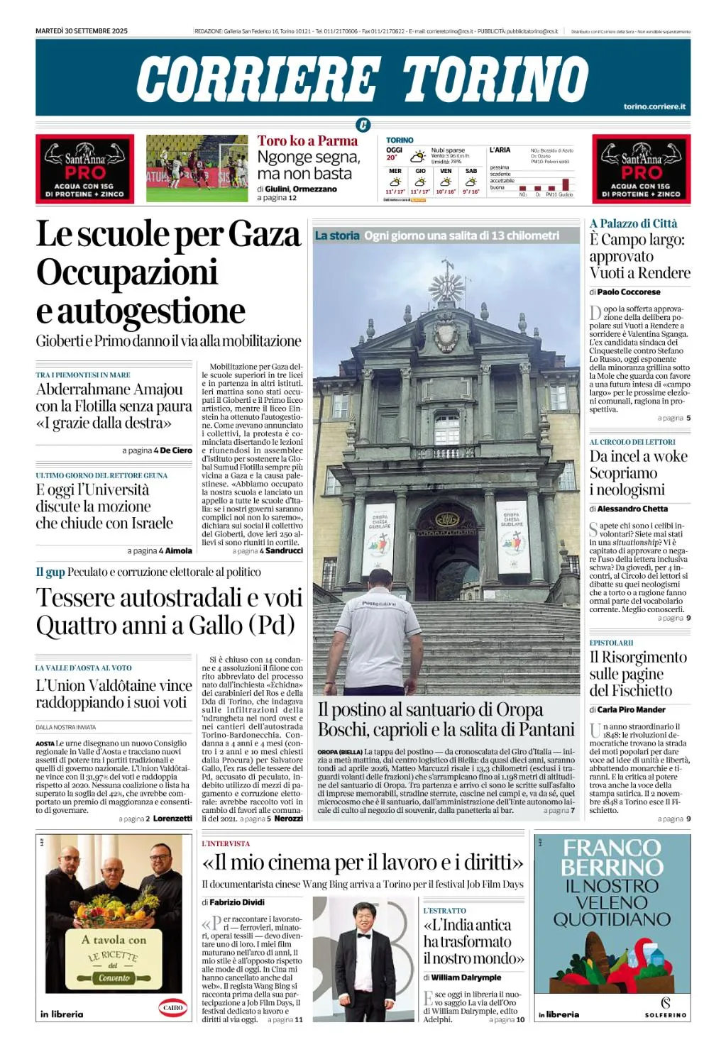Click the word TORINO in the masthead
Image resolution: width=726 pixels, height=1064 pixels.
coord(495,78)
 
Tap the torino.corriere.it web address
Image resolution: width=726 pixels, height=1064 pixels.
coord(654,106)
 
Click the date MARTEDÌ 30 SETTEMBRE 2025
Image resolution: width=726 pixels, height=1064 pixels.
coord(82,31)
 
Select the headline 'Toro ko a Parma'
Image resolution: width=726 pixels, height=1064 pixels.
coord(307,140)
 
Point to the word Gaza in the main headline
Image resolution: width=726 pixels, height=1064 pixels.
coord(265,234)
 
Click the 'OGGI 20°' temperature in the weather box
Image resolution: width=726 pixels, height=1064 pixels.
coord(394,153)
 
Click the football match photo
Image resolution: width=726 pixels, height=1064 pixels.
coord(197,168)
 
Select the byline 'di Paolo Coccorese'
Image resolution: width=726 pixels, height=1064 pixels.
coord(625,292)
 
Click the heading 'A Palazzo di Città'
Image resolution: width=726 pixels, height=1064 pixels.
coord(633,223)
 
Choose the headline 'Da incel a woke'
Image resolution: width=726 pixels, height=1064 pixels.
coord(638,456)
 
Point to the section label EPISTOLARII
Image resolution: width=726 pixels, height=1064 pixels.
coord(611,643)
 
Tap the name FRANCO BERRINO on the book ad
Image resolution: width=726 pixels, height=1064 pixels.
coord(612,857)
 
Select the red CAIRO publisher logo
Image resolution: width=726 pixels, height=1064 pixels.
coord(172,1007)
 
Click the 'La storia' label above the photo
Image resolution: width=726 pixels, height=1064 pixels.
coord(337,235)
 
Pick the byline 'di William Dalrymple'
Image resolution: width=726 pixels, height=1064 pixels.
coord(462,977)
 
